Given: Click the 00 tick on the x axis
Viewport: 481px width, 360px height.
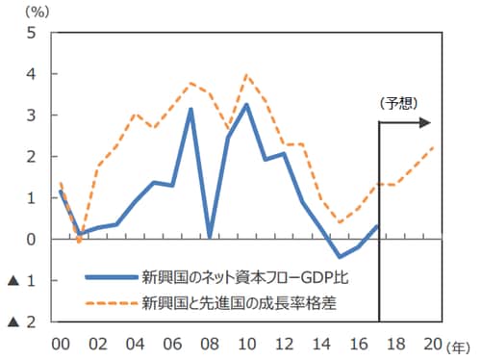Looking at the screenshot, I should click(x=60, y=344).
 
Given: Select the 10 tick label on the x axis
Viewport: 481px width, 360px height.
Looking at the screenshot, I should click(x=246, y=344).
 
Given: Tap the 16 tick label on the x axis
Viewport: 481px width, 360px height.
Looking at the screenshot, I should click(x=358, y=344).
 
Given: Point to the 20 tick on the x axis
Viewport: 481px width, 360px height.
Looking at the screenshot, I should click(x=432, y=344).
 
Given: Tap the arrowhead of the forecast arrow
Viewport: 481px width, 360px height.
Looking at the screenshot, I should click(x=426, y=122).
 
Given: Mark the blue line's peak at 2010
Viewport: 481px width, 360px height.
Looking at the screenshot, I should click(x=246, y=104).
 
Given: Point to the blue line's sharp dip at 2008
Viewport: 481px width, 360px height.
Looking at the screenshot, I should click(x=209, y=236).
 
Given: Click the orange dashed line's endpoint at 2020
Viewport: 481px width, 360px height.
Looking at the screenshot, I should click(x=433, y=147).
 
